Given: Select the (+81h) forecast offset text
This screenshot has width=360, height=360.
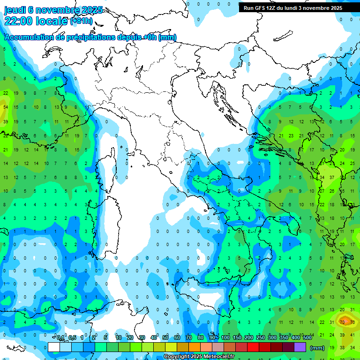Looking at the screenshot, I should pos(82,21).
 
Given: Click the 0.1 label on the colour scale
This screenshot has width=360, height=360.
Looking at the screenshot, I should pos(60,338).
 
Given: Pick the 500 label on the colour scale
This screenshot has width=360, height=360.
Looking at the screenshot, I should pos(307,338).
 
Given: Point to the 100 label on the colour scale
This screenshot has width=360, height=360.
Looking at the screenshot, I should pos(225,338).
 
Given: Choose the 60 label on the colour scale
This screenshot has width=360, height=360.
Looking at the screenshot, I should pos(177,338).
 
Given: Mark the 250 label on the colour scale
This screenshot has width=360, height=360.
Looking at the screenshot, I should pos(261,338).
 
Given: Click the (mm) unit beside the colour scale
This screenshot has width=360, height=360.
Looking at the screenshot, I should pos(317,348).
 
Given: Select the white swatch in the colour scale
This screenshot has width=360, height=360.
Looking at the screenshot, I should pos(54,347).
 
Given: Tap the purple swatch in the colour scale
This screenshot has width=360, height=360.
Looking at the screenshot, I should pos(300,347).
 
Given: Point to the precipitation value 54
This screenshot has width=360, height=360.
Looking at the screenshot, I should pos(6,107).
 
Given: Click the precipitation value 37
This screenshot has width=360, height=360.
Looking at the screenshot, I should pos(332,177).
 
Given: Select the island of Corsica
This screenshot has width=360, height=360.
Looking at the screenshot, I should pos(108,165).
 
